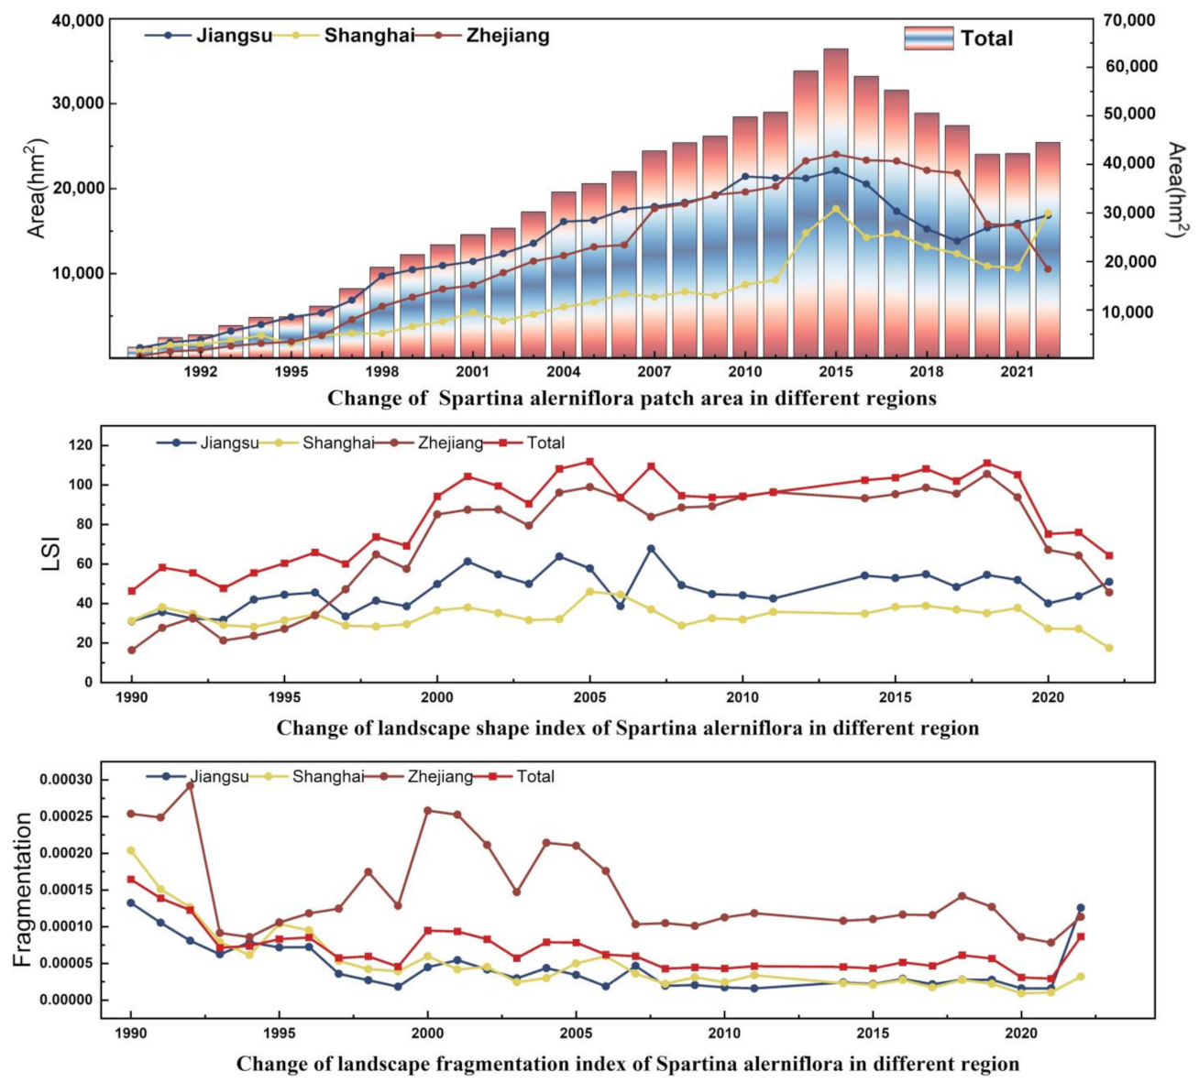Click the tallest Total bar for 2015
click(835, 202)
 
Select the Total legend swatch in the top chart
click(928, 38)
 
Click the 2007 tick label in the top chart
click(654, 372)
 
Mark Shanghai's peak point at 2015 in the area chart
click(835, 209)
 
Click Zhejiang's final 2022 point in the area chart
click(1047, 268)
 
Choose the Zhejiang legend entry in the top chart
click(508, 36)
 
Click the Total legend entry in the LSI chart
click(545, 443)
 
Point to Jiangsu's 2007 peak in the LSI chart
click(651, 549)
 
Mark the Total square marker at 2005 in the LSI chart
click(589, 462)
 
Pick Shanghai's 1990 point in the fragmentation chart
click(131, 850)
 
